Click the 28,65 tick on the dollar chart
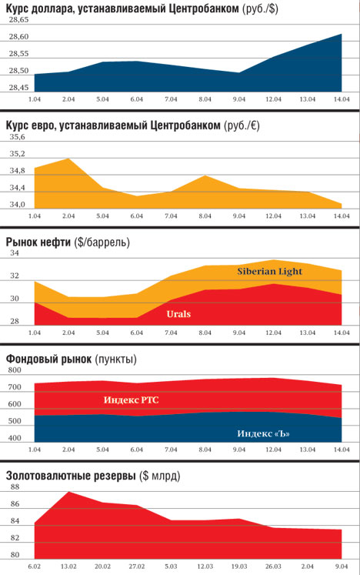point(18,20)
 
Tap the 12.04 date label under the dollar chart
point(273,99)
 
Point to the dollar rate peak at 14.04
point(342,34)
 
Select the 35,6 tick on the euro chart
point(17,137)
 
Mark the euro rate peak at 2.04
point(68,159)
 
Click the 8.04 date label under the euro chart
point(205,216)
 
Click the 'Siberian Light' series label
point(269,272)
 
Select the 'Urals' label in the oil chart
point(178,314)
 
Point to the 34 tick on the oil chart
point(15,253)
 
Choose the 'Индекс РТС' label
point(132,399)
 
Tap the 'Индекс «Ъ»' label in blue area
point(263,433)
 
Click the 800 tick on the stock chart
point(15,370)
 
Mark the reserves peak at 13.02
point(68,491)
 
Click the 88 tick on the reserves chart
point(15,487)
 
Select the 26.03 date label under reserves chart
point(273,567)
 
